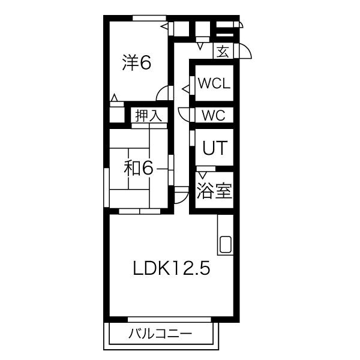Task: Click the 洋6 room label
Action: pyautogui.click(x=137, y=62)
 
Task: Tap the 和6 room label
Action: pyautogui.click(x=138, y=168)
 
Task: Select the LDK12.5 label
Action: pyautogui.click(x=172, y=268)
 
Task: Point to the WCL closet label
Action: pyautogui.click(x=214, y=83)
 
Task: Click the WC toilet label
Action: pyautogui.click(x=214, y=115)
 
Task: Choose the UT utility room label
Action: pyautogui.click(x=215, y=148)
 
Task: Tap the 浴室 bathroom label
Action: pyautogui.click(x=214, y=190)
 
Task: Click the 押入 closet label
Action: pyautogui.click(x=149, y=115)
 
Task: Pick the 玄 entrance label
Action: pyautogui.click(x=223, y=52)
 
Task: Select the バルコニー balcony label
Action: pyautogui.click(x=160, y=334)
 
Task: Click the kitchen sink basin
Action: pyautogui.click(x=226, y=244)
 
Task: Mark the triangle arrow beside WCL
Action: pyautogui.click(x=186, y=89)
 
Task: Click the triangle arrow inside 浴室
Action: pyautogui.click(x=202, y=175)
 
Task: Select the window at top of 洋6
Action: pyautogui.click(x=149, y=18)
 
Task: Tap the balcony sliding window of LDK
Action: pyautogui.click(x=169, y=319)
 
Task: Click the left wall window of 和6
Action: pyautogui.click(x=106, y=188)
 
